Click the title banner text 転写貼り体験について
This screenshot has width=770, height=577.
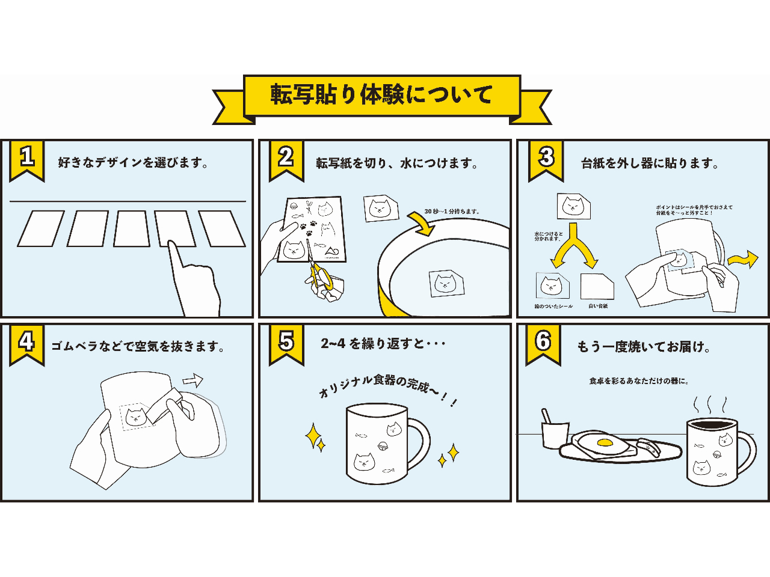pyautogui.click(x=381, y=95)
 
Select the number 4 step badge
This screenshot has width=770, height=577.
pyautogui.click(x=26, y=342)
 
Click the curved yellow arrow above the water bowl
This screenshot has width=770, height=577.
pyautogui.click(x=422, y=223)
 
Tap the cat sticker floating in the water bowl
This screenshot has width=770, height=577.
pyautogui.click(x=446, y=282)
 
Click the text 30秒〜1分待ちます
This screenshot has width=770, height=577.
pyautogui.click(x=452, y=212)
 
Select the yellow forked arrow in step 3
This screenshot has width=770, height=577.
pyautogui.click(x=574, y=246)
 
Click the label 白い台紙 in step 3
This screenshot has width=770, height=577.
pyautogui.click(x=598, y=307)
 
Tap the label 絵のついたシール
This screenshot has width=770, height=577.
pyautogui.click(x=553, y=307)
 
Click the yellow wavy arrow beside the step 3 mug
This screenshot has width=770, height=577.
pyautogui.click(x=742, y=259)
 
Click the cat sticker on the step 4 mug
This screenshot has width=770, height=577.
pyautogui.click(x=136, y=416)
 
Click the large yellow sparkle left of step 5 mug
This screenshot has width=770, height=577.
pyautogui.click(x=313, y=436)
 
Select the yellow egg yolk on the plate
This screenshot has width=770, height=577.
pyautogui.click(x=604, y=444)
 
